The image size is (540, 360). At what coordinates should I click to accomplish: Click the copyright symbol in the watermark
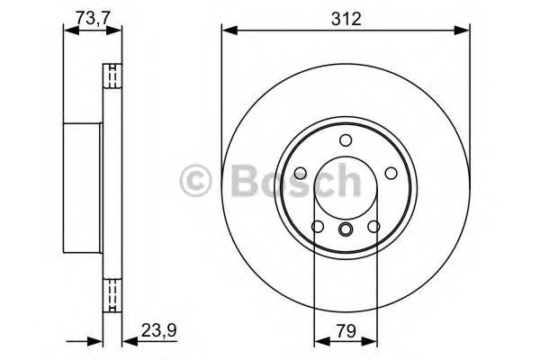tap(195, 182)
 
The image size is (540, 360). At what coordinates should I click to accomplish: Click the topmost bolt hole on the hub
tap(346, 139)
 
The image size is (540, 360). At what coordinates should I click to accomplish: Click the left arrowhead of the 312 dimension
tap(228, 32)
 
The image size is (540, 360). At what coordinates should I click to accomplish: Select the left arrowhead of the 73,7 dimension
tap(67, 32)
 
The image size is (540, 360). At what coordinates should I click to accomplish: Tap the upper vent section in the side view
tap(112, 78)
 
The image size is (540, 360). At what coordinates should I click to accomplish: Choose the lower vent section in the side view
tap(112, 293)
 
